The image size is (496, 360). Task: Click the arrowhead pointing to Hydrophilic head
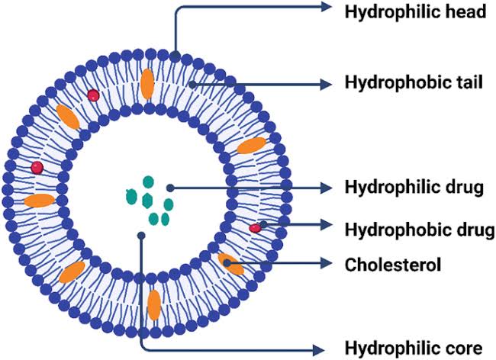[327, 8]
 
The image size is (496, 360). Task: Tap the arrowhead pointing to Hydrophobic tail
[327, 82]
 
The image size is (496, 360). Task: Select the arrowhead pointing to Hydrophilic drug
[327, 187]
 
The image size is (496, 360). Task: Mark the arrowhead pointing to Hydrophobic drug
[327, 225]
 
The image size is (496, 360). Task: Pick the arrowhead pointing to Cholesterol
[327, 264]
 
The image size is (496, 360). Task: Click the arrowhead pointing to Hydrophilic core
[327, 348]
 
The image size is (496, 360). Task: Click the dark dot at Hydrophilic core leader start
[141, 235]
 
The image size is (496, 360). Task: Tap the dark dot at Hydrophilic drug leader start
[170, 187]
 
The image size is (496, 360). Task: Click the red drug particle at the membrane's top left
[93, 95]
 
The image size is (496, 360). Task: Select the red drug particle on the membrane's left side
[36, 167]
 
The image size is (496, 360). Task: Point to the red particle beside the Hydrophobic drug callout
[254, 228]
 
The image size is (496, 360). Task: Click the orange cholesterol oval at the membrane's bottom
[154, 304]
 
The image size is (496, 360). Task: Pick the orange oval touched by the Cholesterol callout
[230, 264]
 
